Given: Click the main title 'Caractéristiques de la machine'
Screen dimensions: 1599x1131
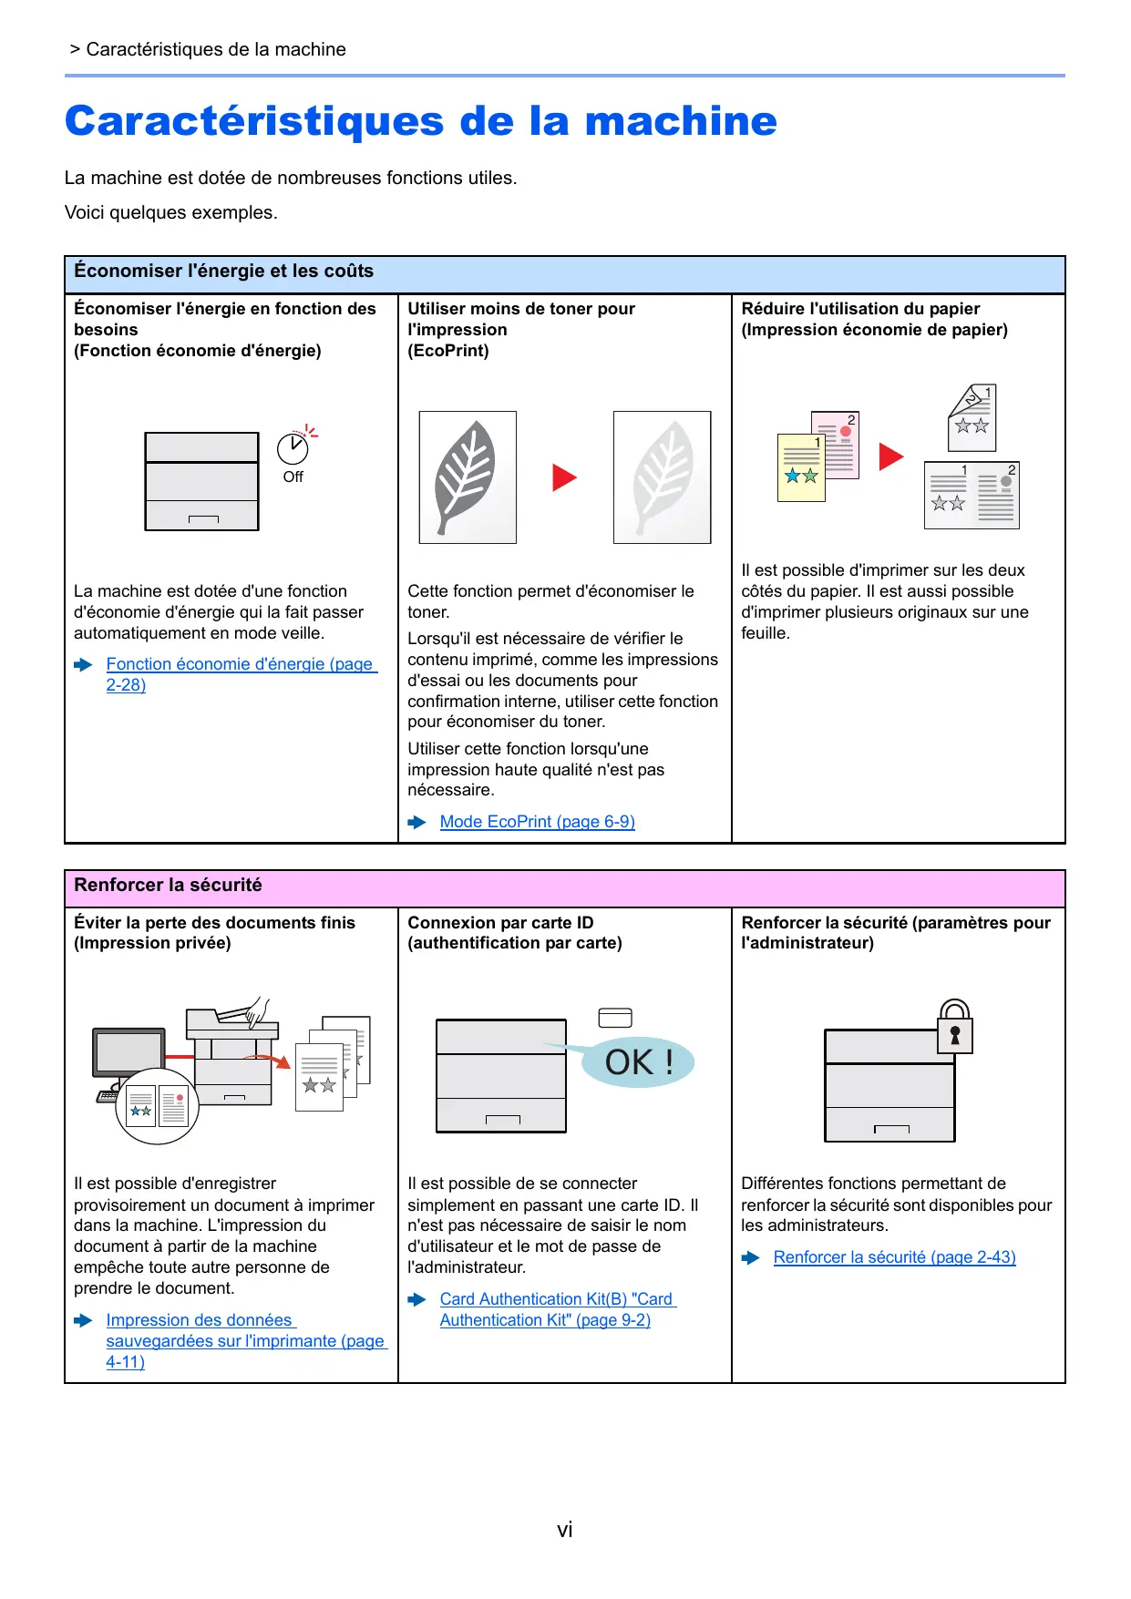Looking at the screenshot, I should coord(421,121).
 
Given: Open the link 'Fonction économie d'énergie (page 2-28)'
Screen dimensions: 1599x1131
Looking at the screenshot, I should coord(241,665).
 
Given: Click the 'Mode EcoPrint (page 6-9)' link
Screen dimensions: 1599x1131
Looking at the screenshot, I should coord(537,822).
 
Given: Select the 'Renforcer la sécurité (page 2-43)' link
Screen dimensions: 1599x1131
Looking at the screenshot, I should coord(894,1257).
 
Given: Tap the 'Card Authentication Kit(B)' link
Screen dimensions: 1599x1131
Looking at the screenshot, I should coord(557,1300).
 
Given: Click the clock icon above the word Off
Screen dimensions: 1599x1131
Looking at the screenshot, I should coord(293,448).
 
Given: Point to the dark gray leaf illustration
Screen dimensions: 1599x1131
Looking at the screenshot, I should coord(467,477).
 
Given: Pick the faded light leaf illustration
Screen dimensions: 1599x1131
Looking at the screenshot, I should coord(662,477).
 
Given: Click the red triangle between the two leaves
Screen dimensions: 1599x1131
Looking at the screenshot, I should coord(564,477).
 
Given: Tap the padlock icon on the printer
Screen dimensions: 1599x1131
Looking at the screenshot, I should coord(955,1027).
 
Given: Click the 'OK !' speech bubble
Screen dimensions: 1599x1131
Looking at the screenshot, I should coord(639,1062).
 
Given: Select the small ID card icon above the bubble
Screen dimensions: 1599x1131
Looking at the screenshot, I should coord(615,1018).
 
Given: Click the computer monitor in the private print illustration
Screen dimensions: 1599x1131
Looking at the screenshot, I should coord(129,1054).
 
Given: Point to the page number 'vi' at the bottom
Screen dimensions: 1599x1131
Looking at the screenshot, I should coord(565,1530).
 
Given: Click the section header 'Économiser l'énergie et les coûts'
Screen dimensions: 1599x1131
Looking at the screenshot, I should coord(224,272).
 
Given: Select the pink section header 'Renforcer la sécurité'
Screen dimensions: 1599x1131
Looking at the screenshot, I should coord(169,886).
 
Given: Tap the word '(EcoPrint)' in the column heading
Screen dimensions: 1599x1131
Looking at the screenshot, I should coord(448,351).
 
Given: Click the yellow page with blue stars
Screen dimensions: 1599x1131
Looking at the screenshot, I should coord(800,468).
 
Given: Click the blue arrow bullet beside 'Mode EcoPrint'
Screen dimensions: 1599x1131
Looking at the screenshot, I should coord(417,823).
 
